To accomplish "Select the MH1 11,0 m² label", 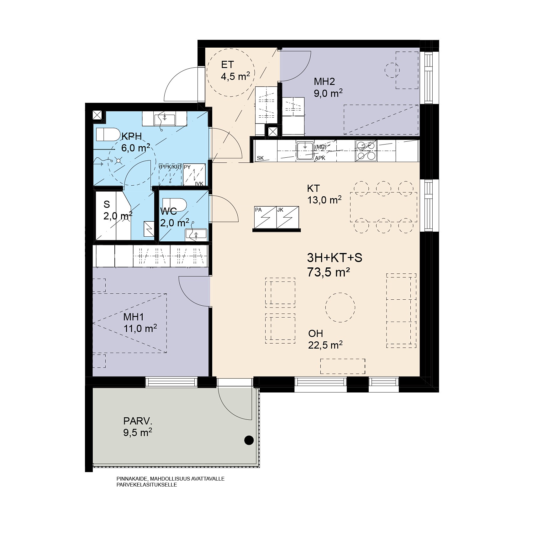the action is (140, 323).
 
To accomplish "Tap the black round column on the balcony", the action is (249, 440).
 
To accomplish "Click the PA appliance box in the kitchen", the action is (265, 218).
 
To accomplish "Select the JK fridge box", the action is (287, 218).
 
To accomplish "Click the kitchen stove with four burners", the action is (366, 151).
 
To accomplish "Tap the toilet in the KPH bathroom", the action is (107, 134).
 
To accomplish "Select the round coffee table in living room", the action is (340, 308).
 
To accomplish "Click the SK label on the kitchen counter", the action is (260, 158).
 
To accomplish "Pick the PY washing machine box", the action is (195, 176).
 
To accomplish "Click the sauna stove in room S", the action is (149, 229).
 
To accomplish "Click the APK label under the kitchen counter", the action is (320, 158).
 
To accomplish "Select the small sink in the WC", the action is (196, 234).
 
